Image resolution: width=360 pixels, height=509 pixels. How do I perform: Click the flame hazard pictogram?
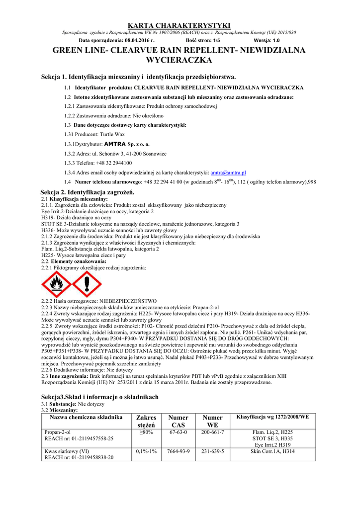coord(56,285)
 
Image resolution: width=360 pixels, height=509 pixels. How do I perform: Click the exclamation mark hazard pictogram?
coord(87,285)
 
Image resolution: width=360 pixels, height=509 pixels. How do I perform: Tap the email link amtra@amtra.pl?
coord(229,172)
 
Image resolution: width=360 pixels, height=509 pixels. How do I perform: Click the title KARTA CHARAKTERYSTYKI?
coord(180,25)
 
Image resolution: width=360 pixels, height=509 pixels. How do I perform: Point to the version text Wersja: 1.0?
coord(267,40)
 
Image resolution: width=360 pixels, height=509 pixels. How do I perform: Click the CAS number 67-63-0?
coord(178,432)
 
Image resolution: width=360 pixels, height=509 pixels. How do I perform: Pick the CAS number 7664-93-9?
coord(178,451)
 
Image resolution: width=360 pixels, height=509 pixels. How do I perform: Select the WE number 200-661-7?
coord(213,432)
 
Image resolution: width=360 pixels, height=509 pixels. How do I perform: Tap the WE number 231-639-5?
coord(213,451)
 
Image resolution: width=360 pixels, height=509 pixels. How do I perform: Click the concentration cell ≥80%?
coord(146,432)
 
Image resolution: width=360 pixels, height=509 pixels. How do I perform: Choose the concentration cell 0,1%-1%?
coord(146,451)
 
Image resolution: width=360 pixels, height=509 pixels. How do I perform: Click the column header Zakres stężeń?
coord(146,422)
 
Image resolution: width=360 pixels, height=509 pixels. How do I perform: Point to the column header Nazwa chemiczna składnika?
coord(86,418)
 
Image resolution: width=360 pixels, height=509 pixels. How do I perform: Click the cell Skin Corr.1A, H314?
coord(272,451)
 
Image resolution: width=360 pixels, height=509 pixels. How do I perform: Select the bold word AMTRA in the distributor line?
coord(115,144)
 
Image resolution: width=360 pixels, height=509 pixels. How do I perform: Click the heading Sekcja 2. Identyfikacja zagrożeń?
coord(88,192)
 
